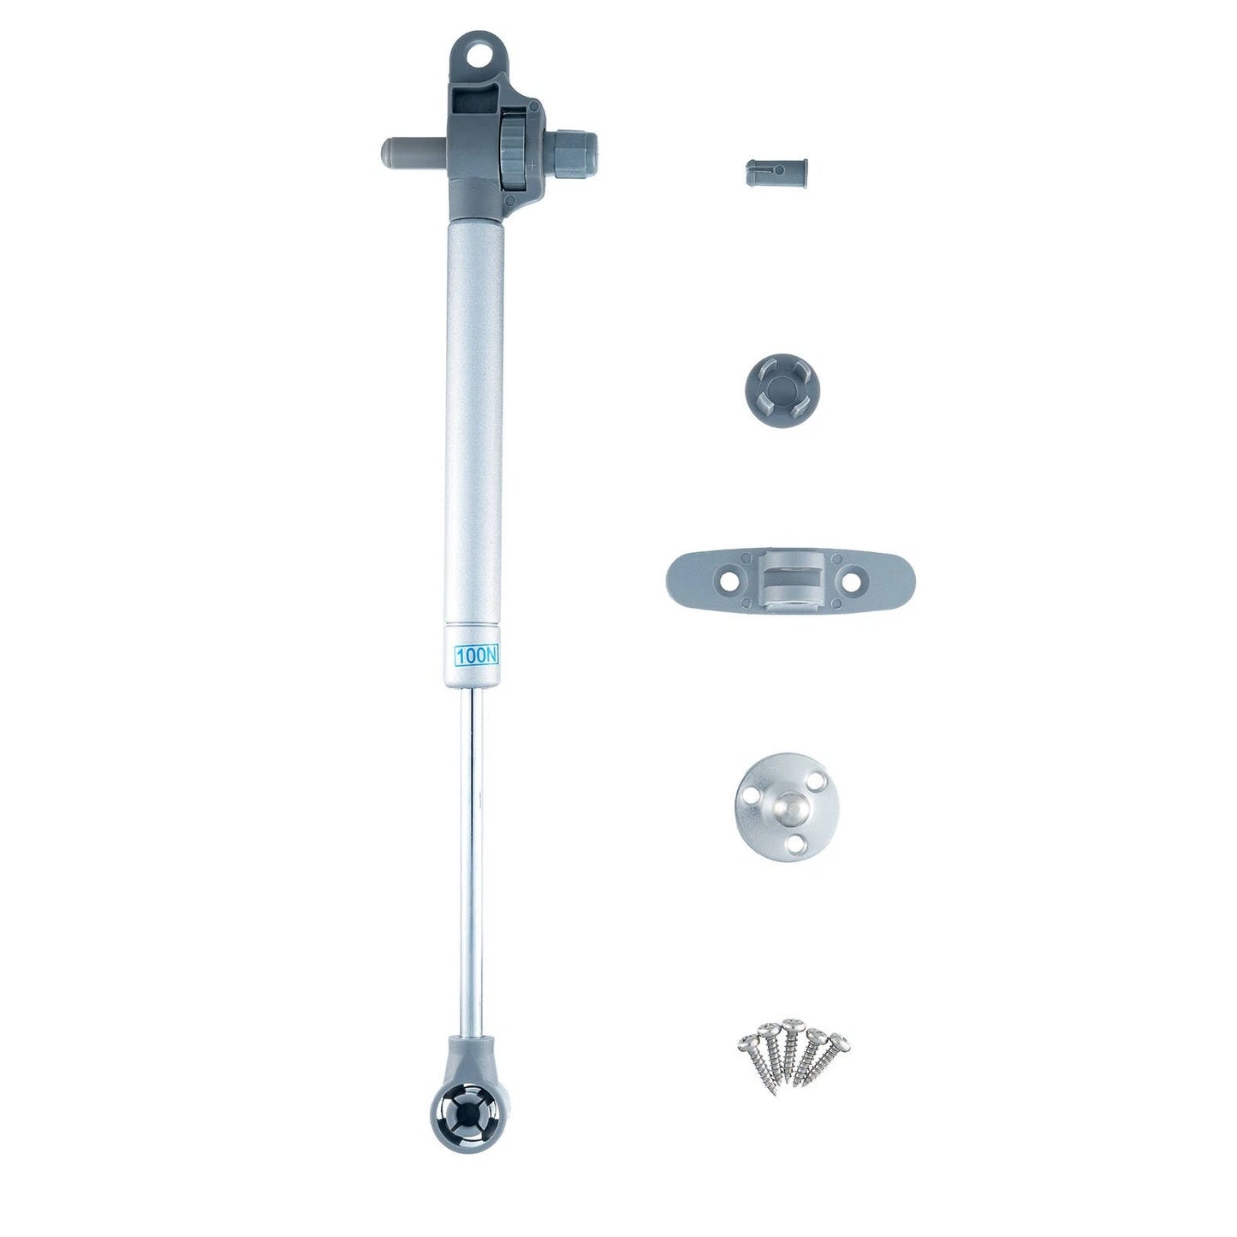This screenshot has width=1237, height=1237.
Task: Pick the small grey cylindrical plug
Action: click(x=776, y=173)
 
